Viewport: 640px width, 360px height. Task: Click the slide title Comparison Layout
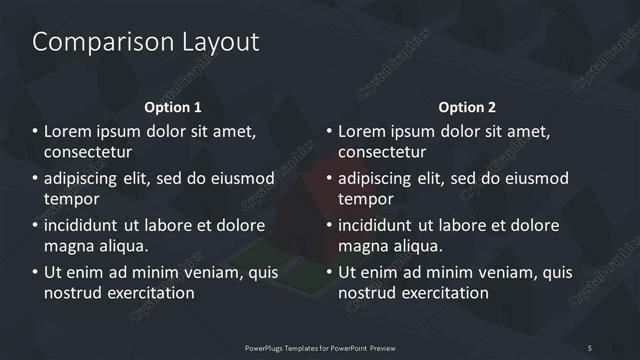coord(146,42)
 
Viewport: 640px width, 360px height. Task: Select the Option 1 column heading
coord(173,107)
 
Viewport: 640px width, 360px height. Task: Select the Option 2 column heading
coord(467,107)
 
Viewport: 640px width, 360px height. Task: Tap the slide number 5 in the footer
coord(590,347)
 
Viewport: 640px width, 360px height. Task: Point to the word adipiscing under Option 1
coord(87,179)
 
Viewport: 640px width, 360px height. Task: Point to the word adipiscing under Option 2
coord(381,179)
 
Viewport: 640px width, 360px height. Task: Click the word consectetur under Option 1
coord(89,152)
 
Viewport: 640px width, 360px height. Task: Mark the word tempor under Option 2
coord(365,199)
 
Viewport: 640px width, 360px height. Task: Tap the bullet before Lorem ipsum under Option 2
coord(329,132)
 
